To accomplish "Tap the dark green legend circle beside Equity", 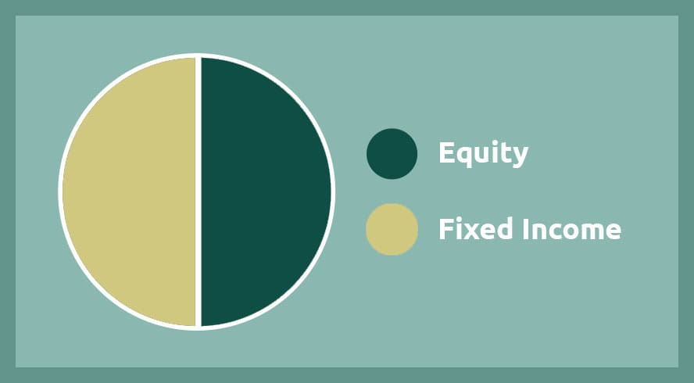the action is tap(392, 154).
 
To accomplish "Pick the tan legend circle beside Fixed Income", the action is tap(392, 229).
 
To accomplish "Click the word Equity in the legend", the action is tap(483, 154).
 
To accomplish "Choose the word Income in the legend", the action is tap(572, 228).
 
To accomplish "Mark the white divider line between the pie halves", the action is tap(199, 191).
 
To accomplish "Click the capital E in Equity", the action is tap(446, 152).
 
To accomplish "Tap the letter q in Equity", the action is tap(465, 156).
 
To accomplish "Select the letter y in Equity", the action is tap(519, 158).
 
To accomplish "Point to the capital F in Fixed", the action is tap(445, 229).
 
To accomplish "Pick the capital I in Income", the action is tap(525, 229).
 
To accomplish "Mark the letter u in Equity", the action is tap(485, 155).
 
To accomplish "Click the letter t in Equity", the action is tap(504, 153).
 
